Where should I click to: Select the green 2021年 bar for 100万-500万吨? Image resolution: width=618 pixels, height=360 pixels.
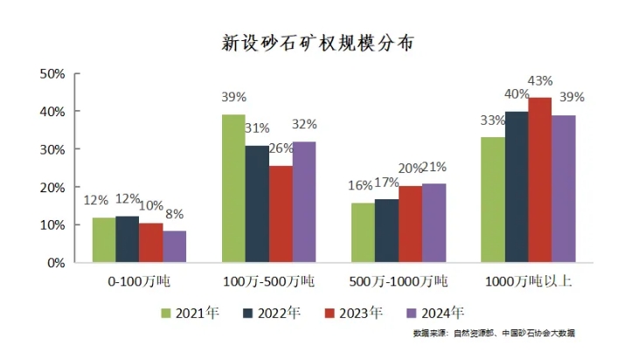(233, 188)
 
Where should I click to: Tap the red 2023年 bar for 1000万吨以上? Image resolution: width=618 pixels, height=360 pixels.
(540, 179)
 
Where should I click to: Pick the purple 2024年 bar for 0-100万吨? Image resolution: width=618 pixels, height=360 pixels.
(175, 246)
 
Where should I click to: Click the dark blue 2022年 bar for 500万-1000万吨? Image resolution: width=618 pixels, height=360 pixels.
(386, 231)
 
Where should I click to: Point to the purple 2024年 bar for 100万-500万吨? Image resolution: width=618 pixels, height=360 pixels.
(304, 202)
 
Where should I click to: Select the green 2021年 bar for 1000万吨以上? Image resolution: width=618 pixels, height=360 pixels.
(493, 199)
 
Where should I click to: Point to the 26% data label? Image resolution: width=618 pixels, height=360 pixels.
(281, 149)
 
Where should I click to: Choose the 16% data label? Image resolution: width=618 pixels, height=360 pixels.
(360, 186)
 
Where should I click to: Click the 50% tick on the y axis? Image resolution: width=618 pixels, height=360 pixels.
(53, 74)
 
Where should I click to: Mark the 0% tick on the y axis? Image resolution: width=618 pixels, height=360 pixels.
(57, 262)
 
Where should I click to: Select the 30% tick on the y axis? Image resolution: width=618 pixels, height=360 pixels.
(53, 149)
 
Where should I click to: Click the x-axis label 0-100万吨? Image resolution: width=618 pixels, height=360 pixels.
(139, 282)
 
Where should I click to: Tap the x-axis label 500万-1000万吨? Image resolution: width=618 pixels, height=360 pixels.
(398, 282)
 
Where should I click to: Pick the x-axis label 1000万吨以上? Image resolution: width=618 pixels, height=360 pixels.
(528, 282)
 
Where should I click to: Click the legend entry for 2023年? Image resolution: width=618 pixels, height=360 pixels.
(353, 312)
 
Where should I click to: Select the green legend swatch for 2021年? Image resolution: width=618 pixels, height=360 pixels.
(166, 312)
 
